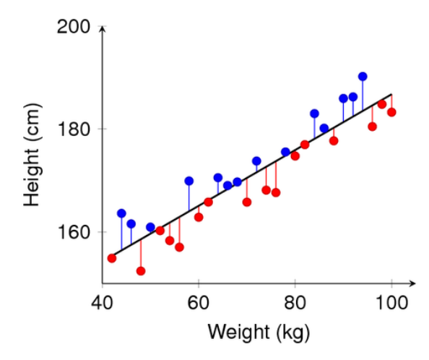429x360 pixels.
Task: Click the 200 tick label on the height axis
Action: coord(74,27)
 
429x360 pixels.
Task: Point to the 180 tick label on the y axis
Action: coord(74,129)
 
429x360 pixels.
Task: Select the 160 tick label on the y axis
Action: coord(74,232)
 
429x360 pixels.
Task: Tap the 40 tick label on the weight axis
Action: coord(102,300)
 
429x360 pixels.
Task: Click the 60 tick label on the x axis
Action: coord(198,300)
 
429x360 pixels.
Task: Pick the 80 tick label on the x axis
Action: coord(295,300)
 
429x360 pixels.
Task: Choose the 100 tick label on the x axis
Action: coord(391,300)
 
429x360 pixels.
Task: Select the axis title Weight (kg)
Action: coord(259,333)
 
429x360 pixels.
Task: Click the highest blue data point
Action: coord(363,77)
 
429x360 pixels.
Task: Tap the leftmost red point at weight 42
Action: coord(112,258)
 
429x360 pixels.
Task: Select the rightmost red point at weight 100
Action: coord(391,112)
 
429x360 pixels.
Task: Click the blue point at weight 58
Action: coord(189,181)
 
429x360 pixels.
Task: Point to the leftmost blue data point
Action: coord(121,213)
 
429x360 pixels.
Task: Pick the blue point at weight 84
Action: coord(314,113)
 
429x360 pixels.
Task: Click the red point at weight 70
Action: coord(247,202)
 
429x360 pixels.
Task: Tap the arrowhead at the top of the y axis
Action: coord(103,28)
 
